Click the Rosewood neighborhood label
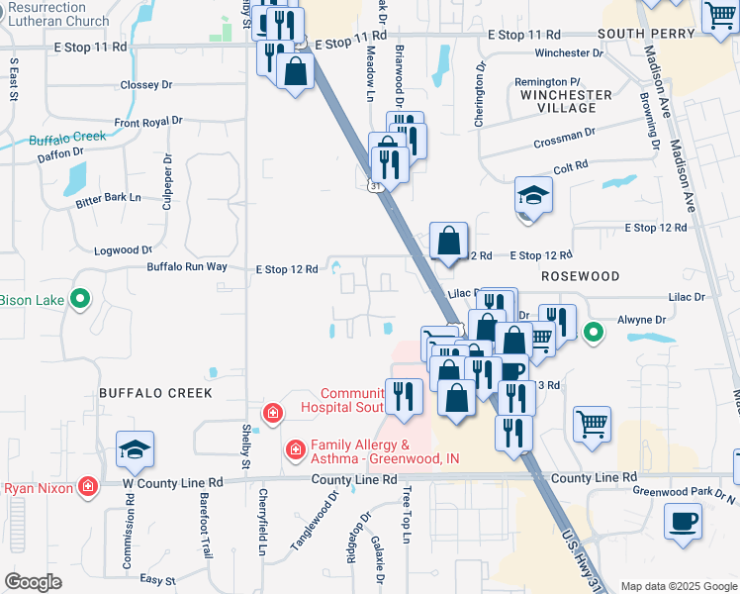click(580, 276)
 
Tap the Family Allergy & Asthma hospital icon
click(295, 450)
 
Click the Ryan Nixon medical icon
click(88, 487)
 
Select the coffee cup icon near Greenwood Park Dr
click(684, 521)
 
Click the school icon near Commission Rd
click(135, 450)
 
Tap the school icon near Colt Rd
click(533, 195)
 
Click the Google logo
click(33, 582)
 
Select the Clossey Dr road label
click(146, 85)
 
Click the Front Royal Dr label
click(148, 121)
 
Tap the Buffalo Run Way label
click(187, 267)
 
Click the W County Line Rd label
click(170, 482)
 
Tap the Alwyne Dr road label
click(640, 320)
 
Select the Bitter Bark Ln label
click(109, 200)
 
